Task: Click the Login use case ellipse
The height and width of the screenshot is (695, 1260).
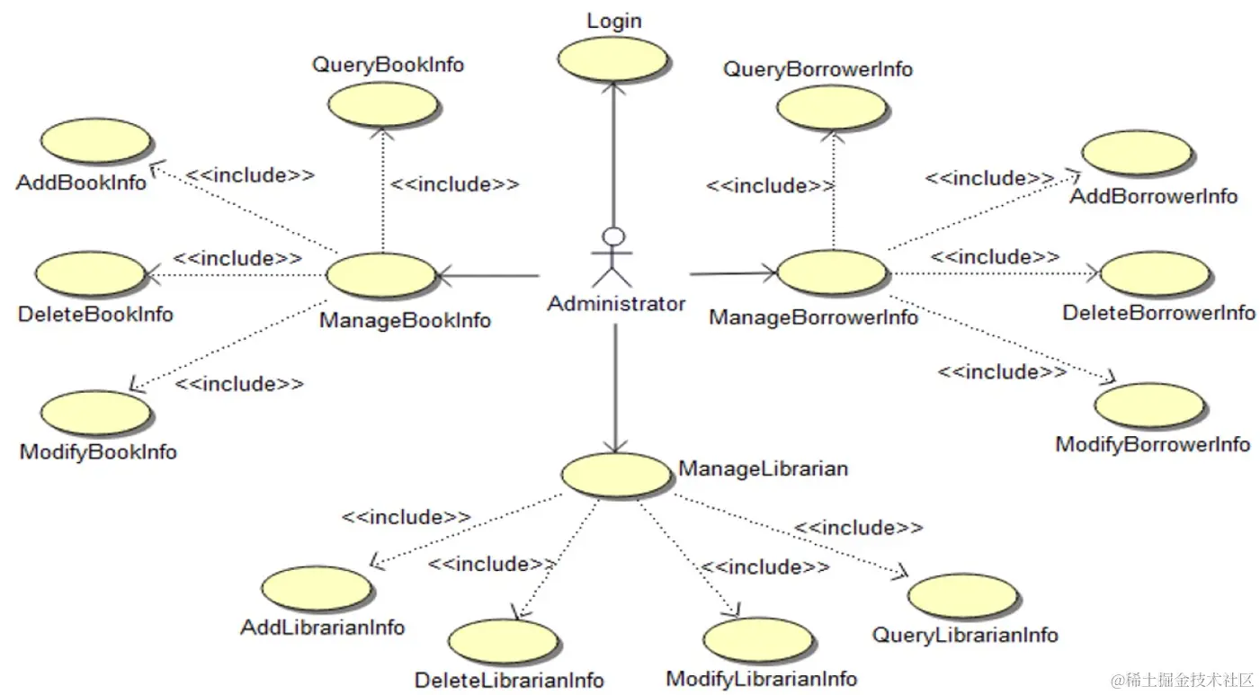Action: coord(612,58)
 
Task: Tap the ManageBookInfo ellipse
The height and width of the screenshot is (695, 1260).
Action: coord(380,275)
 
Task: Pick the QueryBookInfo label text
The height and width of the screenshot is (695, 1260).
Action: coord(388,65)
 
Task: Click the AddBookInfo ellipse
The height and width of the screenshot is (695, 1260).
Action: coord(95,142)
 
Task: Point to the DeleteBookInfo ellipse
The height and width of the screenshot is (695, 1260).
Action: coord(90,274)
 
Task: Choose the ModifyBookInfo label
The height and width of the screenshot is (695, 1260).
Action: coord(98,451)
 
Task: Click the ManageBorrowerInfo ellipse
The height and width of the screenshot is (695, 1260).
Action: coord(831,272)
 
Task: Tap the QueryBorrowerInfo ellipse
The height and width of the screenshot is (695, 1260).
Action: coord(832,109)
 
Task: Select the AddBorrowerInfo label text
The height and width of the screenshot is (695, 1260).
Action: coord(1153,196)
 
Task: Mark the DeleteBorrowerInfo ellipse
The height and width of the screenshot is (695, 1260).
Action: coord(1154,274)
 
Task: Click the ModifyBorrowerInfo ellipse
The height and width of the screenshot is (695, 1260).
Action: coord(1152,405)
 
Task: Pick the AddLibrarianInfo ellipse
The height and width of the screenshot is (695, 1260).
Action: coord(317,589)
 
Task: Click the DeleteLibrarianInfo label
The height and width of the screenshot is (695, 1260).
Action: coord(509,680)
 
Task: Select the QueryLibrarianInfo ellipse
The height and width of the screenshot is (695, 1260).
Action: coord(963,596)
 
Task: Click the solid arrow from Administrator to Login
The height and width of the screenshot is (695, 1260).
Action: coord(613,153)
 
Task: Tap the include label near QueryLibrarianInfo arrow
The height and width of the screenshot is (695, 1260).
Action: coord(858,528)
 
